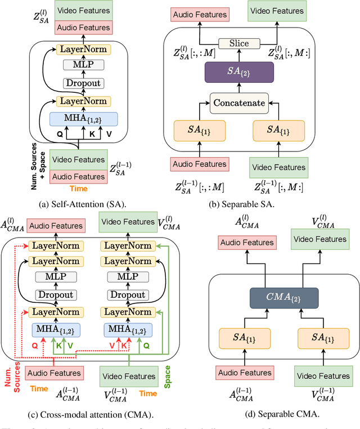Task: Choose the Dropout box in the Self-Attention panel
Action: pos(84,83)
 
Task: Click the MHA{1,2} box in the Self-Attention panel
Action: pos(84,119)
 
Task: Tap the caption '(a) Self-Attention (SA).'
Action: pos(84,204)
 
